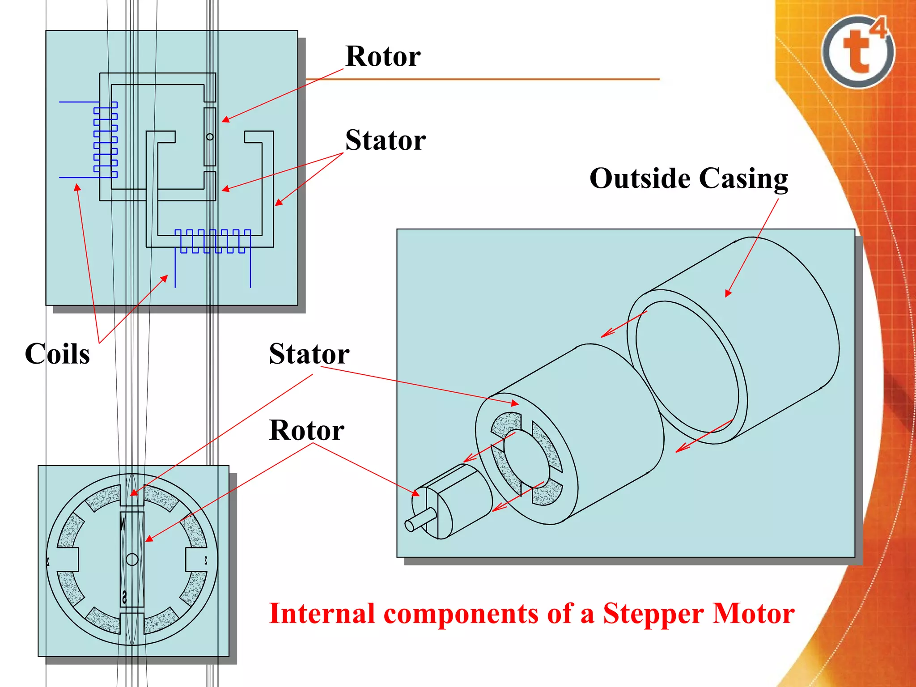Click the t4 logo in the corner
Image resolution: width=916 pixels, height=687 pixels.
858,51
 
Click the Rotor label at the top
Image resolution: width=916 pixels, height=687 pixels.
383,56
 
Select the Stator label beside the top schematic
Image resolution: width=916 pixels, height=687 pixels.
385,140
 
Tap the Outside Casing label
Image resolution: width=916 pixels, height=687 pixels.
689,178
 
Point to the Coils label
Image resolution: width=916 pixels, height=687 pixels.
57,354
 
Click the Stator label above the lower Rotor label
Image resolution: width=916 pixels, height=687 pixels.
309,354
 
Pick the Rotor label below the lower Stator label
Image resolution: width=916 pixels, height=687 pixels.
307,430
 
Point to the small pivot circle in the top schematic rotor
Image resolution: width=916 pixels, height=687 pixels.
210,137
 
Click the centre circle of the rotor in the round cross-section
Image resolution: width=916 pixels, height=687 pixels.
132,559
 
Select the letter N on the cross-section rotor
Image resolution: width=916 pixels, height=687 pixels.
123,523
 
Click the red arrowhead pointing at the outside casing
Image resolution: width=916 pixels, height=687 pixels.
728,293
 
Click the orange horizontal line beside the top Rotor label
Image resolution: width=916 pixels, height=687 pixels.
483,79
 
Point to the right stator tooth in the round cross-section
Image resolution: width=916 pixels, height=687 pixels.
195,559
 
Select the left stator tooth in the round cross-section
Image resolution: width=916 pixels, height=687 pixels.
69,559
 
